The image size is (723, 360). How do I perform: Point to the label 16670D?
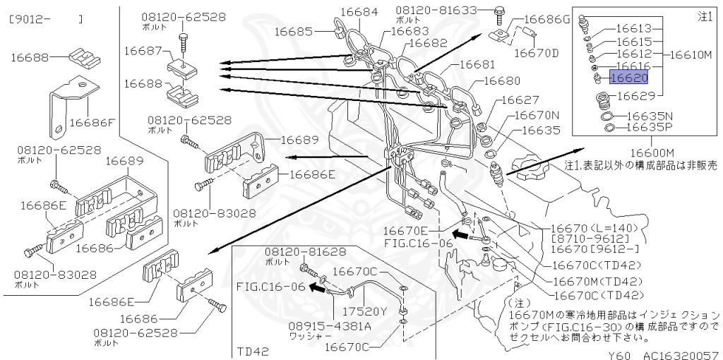(x=536, y=52)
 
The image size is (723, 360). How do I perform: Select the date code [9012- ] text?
(x=46, y=19)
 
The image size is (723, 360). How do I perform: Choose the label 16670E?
(x=406, y=231)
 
